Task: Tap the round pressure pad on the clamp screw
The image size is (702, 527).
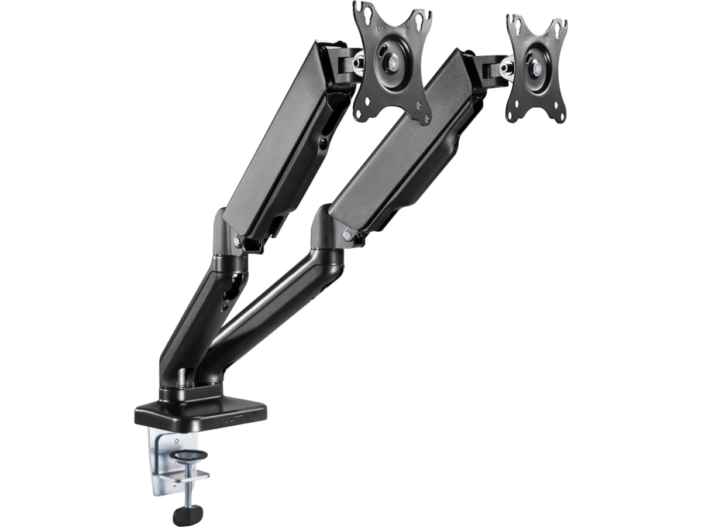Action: pos(187,455)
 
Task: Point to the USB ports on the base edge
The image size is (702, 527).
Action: pos(234,420)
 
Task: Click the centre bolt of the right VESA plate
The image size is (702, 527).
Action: pos(535,66)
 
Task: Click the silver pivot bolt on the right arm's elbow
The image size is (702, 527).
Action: pos(347,235)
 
